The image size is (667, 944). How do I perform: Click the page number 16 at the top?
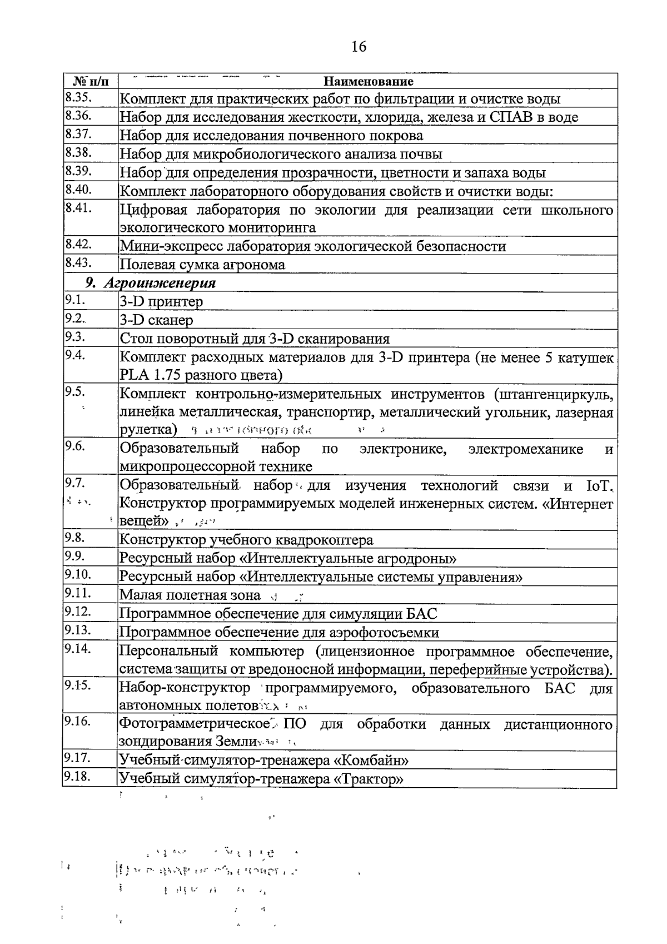coord(359,47)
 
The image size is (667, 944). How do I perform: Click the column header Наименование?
coord(368,82)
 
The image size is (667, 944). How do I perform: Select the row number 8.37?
coord(78,134)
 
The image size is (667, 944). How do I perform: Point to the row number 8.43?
coord(78,263)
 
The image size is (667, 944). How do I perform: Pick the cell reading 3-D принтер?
coord(161,302)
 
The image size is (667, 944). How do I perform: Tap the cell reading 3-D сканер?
coord(156,320)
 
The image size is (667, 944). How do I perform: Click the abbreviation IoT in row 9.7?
coord(599,486)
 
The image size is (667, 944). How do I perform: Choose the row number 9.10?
coord(78,574)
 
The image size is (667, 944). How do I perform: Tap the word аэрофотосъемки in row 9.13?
coord(386,633)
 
